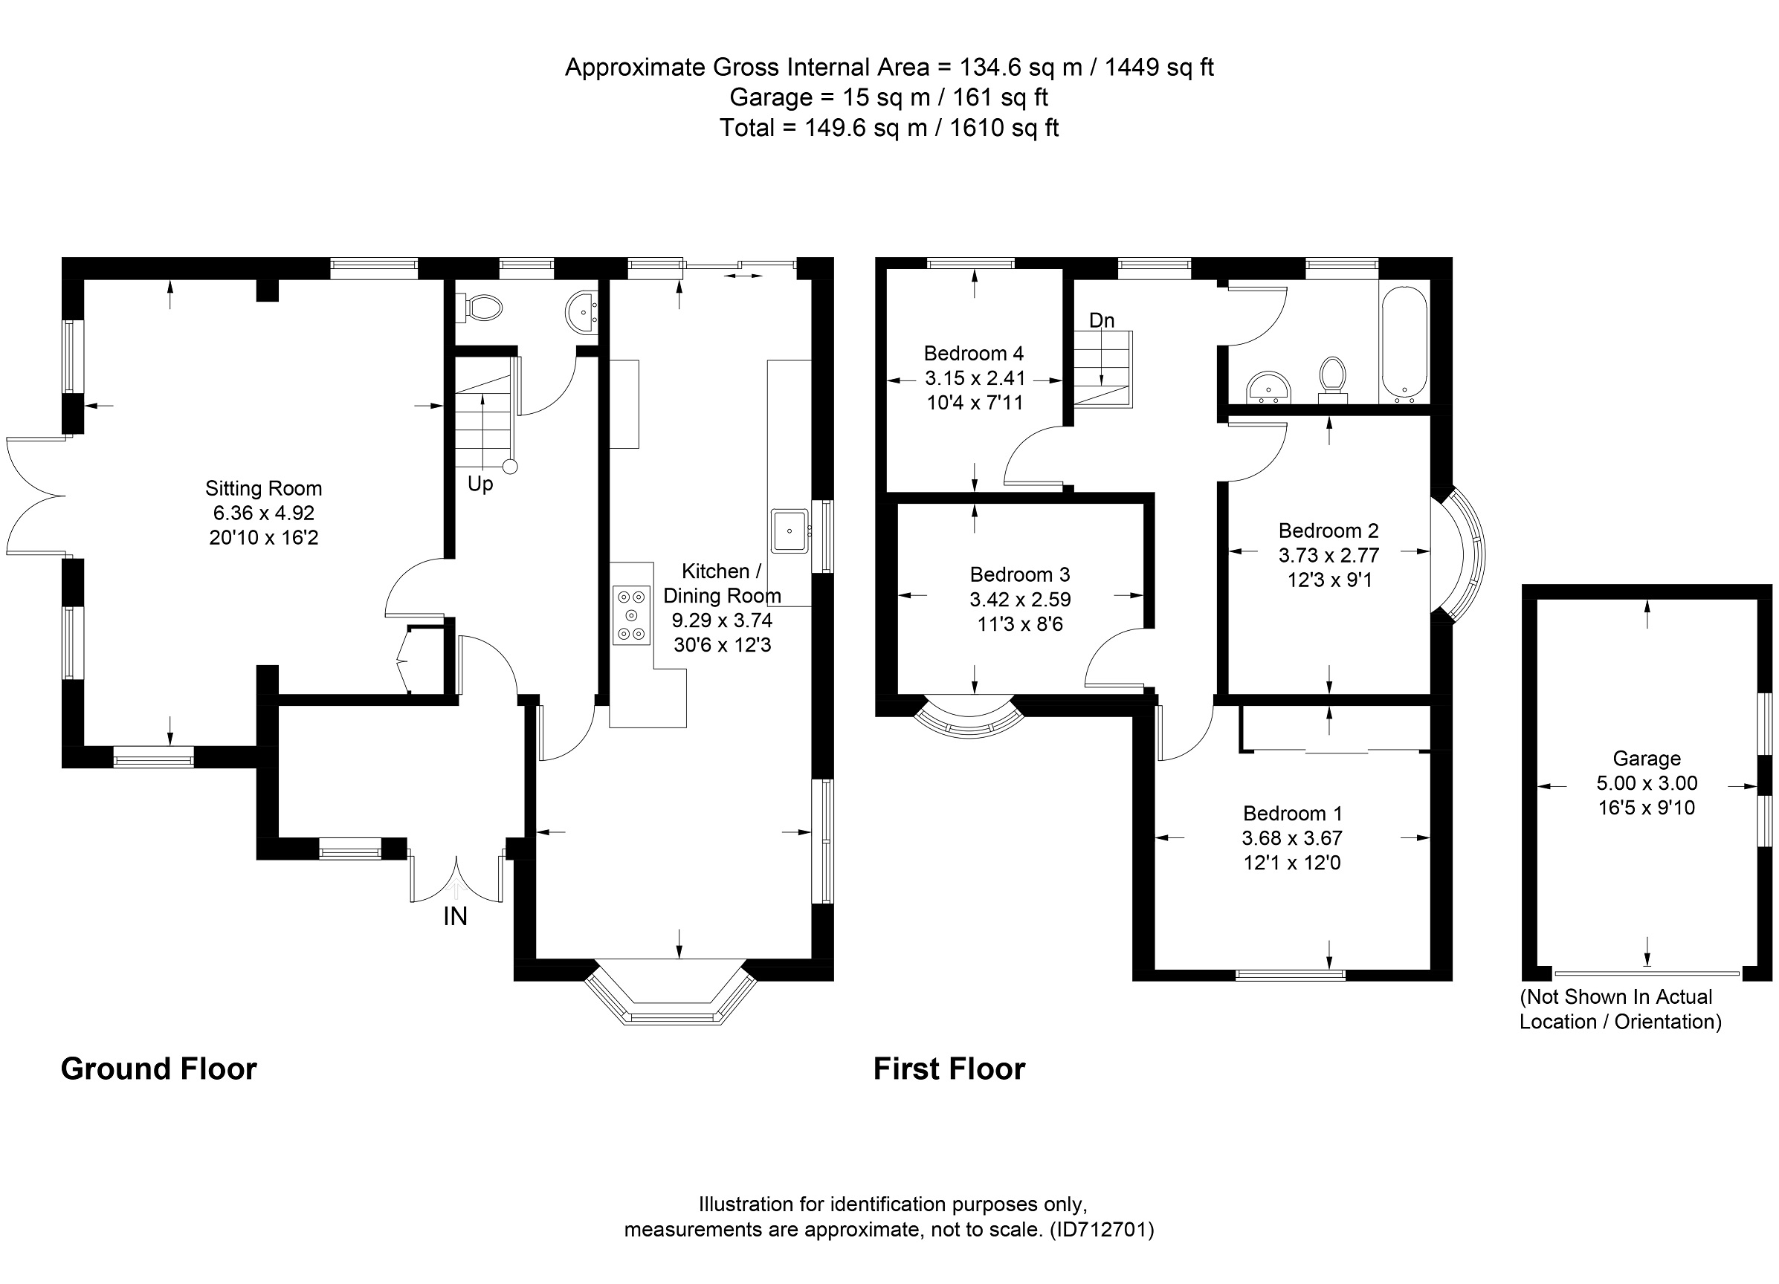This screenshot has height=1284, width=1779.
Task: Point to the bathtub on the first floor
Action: pyautogui.click(x=1404, y=346)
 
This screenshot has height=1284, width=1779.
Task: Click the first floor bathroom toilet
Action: pyautogui.click(x=1333, y=380)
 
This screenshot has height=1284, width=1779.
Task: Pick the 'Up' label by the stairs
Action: pyautogui.click(x=480, y=484)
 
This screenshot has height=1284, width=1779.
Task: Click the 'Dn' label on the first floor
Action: pyautogui.click(x=1101, y=320)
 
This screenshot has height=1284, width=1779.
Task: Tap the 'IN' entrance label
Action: pyautogui.click(x=455, y=916)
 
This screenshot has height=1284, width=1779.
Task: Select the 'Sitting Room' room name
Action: pyautogui.click(x=264, y=488)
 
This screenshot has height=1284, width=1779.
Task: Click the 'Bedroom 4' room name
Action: pyautogui.click(x=973, y=353)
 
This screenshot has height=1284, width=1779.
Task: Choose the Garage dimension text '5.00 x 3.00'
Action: pyautogui.click(x=1647, y=783)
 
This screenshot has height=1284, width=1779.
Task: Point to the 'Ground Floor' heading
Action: pyautogui.click(x=158, y=1069)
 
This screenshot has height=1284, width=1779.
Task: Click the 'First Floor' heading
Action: pyautogui.click(x=949, y=1069)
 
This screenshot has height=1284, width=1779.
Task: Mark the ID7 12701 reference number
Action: pyautogui.click(x=1102, y=1229)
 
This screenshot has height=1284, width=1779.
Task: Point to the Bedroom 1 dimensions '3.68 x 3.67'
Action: pyautogui.click(x=1292, y=838)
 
